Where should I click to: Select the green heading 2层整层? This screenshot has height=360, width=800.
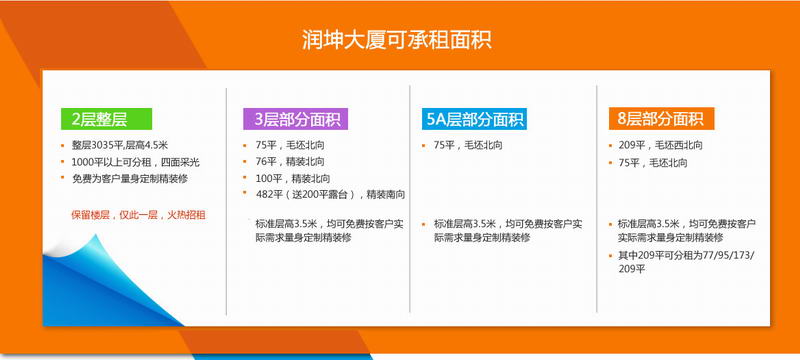(x=100, y=119)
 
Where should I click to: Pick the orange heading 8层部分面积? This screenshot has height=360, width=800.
(x=660, y=119)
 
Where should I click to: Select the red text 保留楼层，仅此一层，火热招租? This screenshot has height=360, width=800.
(x=138, y=214)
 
